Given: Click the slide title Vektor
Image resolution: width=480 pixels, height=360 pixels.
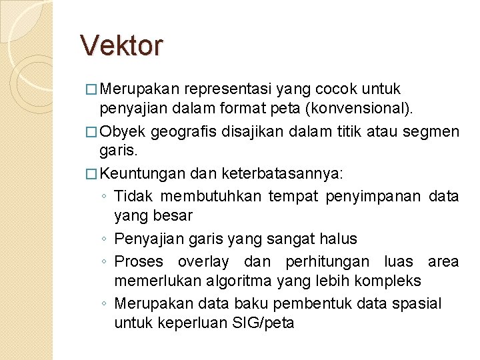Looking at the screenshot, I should [121, 45].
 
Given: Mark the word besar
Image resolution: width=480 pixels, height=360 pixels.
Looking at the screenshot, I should [172, 215].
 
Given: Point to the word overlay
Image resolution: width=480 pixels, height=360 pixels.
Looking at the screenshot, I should [203, 261].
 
